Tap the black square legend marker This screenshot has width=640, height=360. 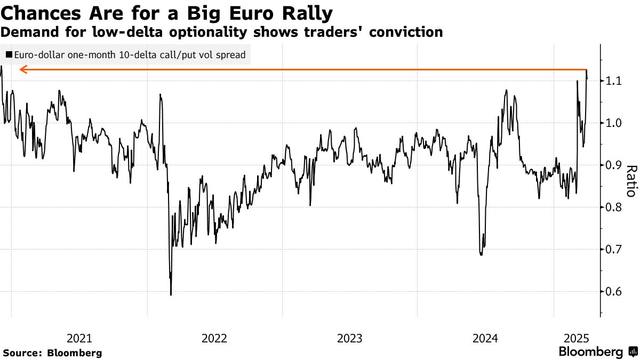click(9, 54)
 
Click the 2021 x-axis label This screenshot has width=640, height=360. click(79, 338)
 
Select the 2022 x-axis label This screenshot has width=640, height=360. click(214, 338)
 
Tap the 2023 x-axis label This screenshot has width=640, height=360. click(350, 338)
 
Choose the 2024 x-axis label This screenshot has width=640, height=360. click(485, 338)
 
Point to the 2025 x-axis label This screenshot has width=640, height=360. click(577, 338)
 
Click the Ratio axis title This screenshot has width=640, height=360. click(630, 181)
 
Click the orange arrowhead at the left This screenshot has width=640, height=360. click(23, 69)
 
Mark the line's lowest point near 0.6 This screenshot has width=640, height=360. click(171, 294)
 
